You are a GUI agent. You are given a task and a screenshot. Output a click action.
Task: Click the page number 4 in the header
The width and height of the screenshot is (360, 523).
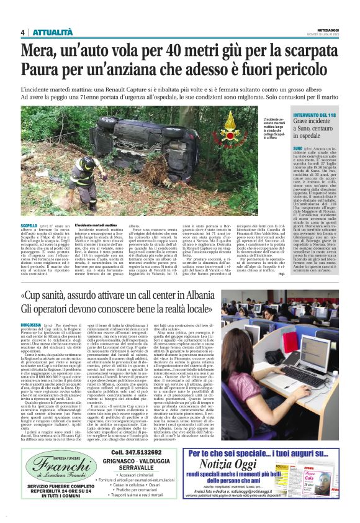coord(22,32)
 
